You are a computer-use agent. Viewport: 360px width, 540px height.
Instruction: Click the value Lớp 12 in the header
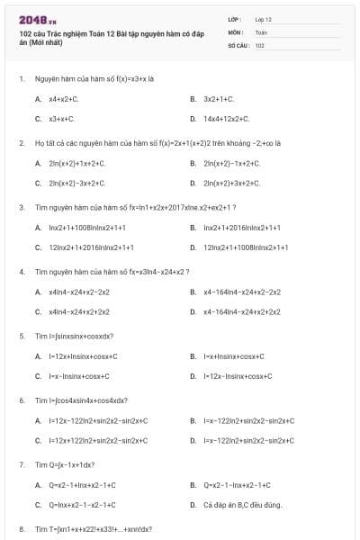264,19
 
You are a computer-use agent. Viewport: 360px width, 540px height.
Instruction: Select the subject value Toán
261,31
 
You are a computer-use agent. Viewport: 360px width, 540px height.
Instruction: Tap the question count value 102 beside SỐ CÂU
259,44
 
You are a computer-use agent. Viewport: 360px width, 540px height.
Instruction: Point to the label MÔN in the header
236,31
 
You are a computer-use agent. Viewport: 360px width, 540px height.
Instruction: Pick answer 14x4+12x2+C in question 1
225,119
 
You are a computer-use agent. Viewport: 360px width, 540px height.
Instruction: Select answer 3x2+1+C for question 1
219,99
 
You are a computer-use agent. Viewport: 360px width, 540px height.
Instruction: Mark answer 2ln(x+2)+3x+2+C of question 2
231,183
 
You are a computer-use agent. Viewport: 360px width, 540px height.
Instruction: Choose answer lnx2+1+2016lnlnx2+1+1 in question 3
242,228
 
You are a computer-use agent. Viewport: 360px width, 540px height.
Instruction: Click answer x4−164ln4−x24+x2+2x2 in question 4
242,311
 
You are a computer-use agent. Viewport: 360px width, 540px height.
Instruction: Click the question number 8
21,529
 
